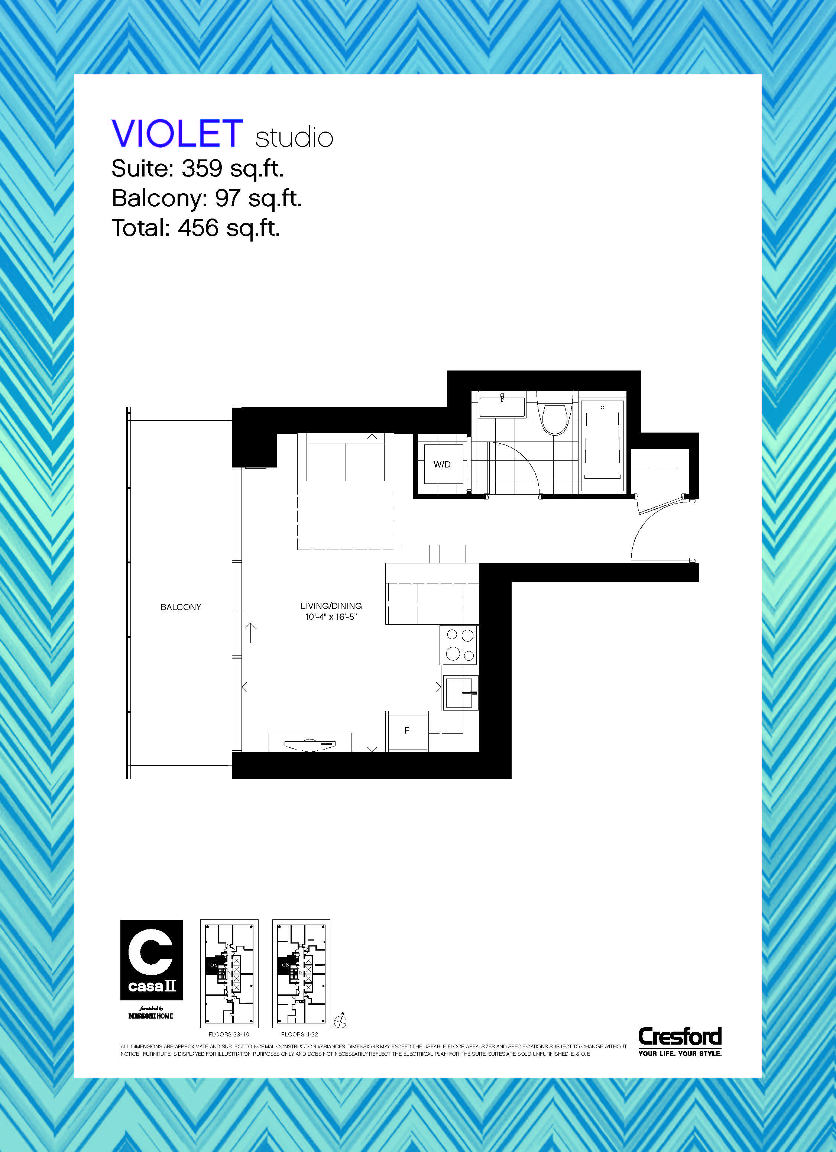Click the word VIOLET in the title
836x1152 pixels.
(x=177, y=133)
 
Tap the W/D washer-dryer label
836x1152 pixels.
(x=442, y=464)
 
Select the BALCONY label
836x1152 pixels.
(x=181, y=607)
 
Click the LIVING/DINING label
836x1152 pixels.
(x=331, y=606)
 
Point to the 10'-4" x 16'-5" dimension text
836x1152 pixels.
(x=331, y=617)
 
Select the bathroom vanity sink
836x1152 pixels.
(x=502, y=406)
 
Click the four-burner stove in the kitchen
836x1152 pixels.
(x=460, y=645)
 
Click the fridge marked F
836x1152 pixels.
(x=407, y=731)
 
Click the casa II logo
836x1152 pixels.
(x=151, y=960)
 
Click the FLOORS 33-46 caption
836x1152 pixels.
(x=229, y=1034)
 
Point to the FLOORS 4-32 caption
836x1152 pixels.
(x=300, y=1034)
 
